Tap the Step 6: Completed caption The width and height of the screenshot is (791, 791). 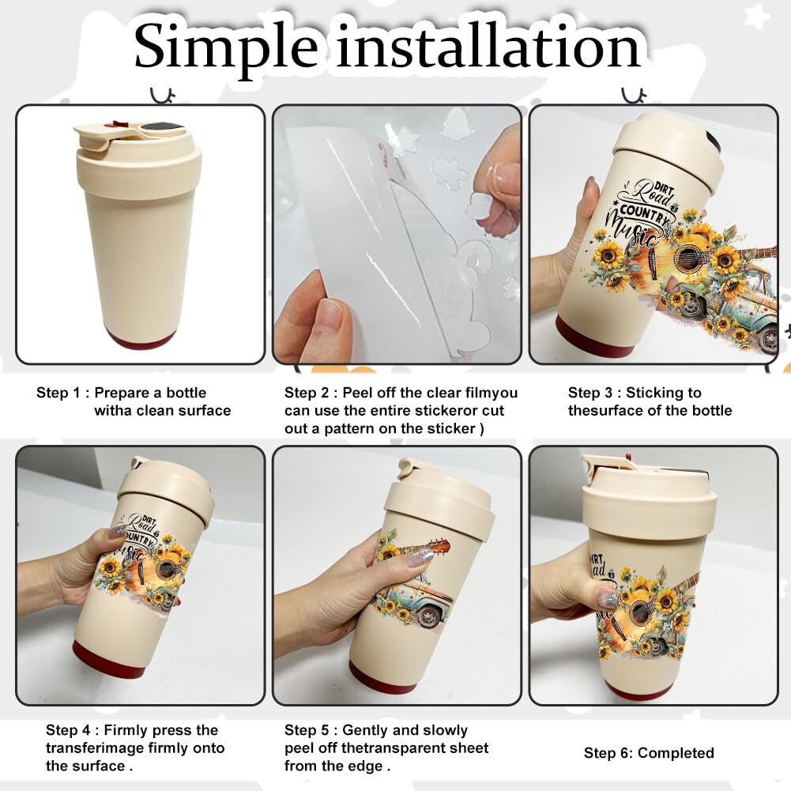pyautogui.click(x=649, y=753)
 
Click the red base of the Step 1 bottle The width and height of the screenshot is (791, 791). pyautogui.click(x=141, y=339)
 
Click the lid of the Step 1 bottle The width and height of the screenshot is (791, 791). pyautogui.click(x=138, y=154)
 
